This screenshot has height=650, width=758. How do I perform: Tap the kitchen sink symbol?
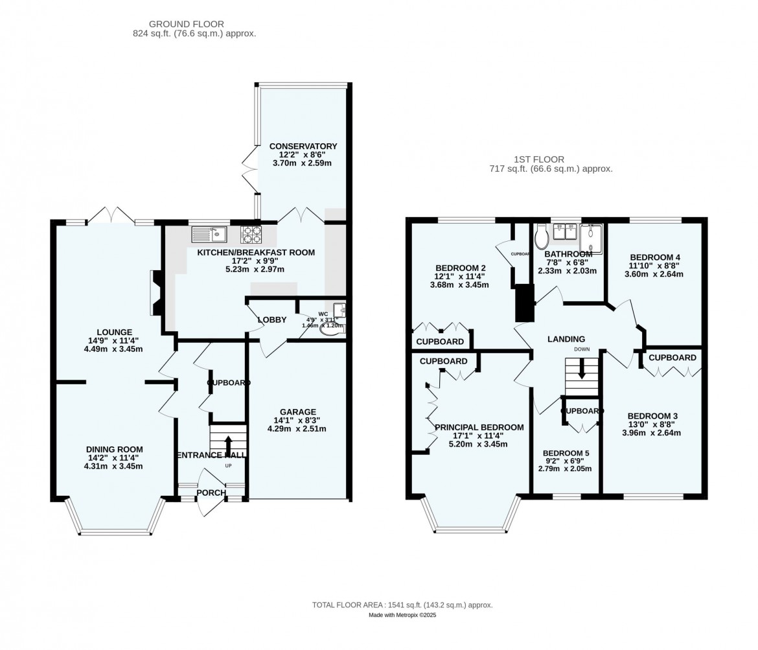tap(208, 234)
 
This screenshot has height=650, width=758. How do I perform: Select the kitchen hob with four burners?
tap(251, 234)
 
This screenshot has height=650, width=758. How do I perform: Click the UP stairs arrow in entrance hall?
tap(228, 447)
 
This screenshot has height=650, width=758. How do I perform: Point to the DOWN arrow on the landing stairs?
tap(581, 370)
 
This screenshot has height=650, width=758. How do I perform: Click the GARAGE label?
tap(298, 412)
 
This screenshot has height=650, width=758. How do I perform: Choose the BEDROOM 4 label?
tap(655, 257)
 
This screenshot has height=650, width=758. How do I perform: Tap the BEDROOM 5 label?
tap(566, 453)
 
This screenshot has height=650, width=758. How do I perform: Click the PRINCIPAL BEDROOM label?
tap(479, 427)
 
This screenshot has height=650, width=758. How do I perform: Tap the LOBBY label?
tap(271, 320)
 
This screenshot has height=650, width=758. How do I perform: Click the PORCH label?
tap(211, 493)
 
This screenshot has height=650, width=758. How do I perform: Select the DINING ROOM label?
tap(114, 449)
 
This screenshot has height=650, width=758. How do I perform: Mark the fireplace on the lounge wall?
tap(156, 293)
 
